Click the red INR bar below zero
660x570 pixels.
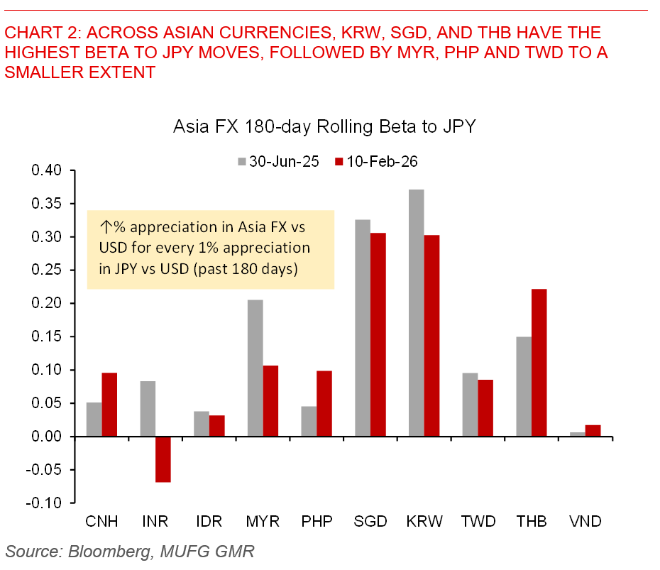(x=163, y=459)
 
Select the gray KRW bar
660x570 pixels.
(x=417, y=312)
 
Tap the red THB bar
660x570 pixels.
(x=539, y=362)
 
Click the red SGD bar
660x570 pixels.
(x=378, y=334)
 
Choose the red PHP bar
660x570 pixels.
(x=324, y=403)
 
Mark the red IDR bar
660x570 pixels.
(x=216, y=425)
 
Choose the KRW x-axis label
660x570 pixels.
(x=424, y=522)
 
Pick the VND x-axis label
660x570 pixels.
(x=585, y=522)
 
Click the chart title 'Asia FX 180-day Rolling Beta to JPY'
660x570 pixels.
(x=324, y=128)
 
